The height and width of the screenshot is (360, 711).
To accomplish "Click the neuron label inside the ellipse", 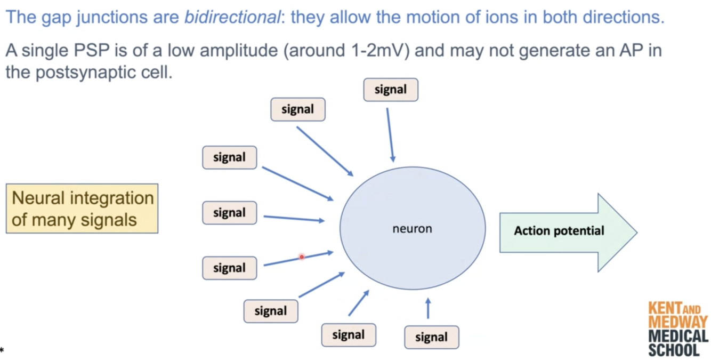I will pos(412,229).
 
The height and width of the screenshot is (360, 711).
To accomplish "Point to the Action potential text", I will pos(559,231).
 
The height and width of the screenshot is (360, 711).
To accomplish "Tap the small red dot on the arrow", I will pos(301,257).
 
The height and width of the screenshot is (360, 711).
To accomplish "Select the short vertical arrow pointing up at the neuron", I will pos(427,308).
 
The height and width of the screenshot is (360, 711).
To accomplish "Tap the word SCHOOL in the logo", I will pos(674,350).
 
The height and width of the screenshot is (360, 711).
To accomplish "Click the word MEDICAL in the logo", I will pos(678,336).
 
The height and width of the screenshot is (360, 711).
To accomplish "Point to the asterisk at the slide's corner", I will pos(2,350).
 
